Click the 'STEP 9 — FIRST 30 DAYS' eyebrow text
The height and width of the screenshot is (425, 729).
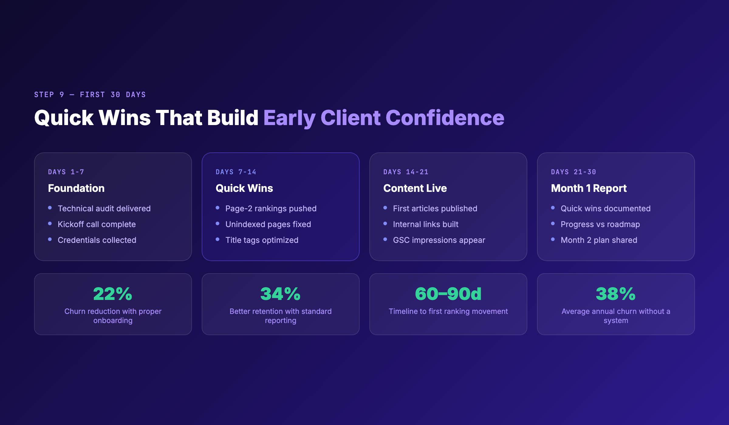(x=90, y=95)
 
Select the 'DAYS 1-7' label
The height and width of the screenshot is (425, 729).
(x=66, y=172)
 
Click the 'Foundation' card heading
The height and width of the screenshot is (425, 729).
(x=76, y=188)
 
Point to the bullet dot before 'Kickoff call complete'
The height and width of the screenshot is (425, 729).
(x=50, y=224)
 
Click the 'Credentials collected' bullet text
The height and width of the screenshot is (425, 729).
(x=97, y=240)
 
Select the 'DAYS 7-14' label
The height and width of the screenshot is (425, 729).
(x=236, y=172)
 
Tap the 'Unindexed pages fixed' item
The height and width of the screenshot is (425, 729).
(x=268, y=224)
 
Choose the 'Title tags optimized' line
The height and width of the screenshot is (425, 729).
(x=262, y=240)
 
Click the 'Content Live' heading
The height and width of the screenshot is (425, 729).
(x=415, y=188)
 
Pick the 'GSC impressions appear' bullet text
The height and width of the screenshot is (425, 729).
(x=439, y=240)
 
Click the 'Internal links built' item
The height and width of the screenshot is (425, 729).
(x=426, y=224)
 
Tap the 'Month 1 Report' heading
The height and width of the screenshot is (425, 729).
(x=589, y=188)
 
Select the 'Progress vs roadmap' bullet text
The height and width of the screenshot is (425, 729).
(x=600, y=224)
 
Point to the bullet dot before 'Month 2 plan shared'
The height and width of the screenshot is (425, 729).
(x=553, y=240)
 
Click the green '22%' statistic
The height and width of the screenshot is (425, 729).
(x=113, y=294)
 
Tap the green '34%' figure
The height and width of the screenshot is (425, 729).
(x=280, y=294)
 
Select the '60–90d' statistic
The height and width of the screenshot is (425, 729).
(x=448, y=294)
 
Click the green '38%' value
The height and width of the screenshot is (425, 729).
(x=616, y=294)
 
